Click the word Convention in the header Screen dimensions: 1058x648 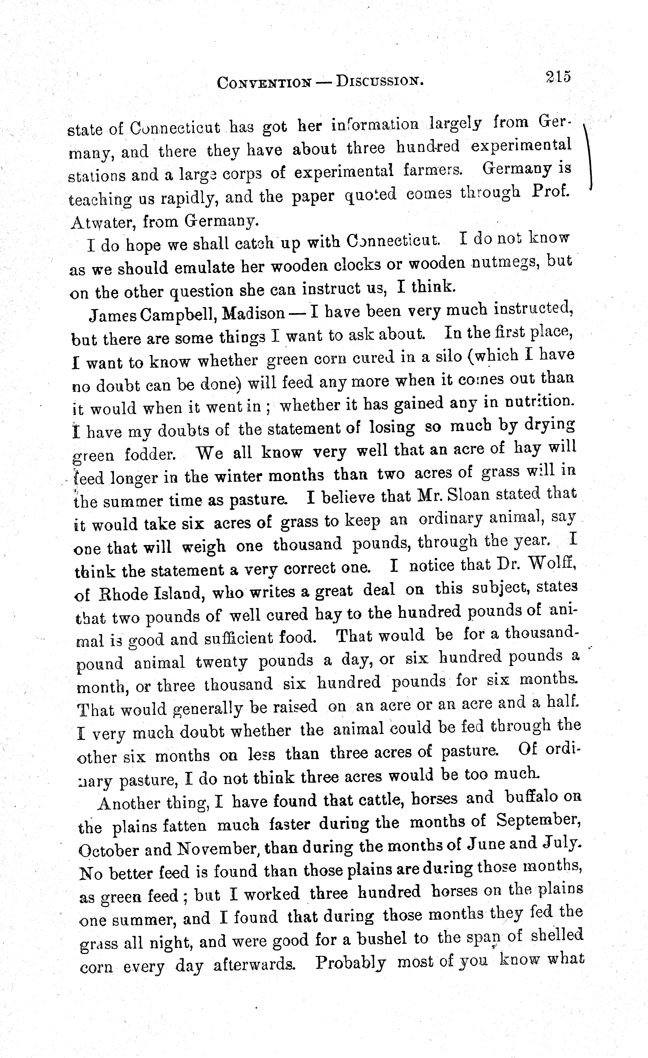[x=264, y=82]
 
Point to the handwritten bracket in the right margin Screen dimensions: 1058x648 [x=589, y=157]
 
